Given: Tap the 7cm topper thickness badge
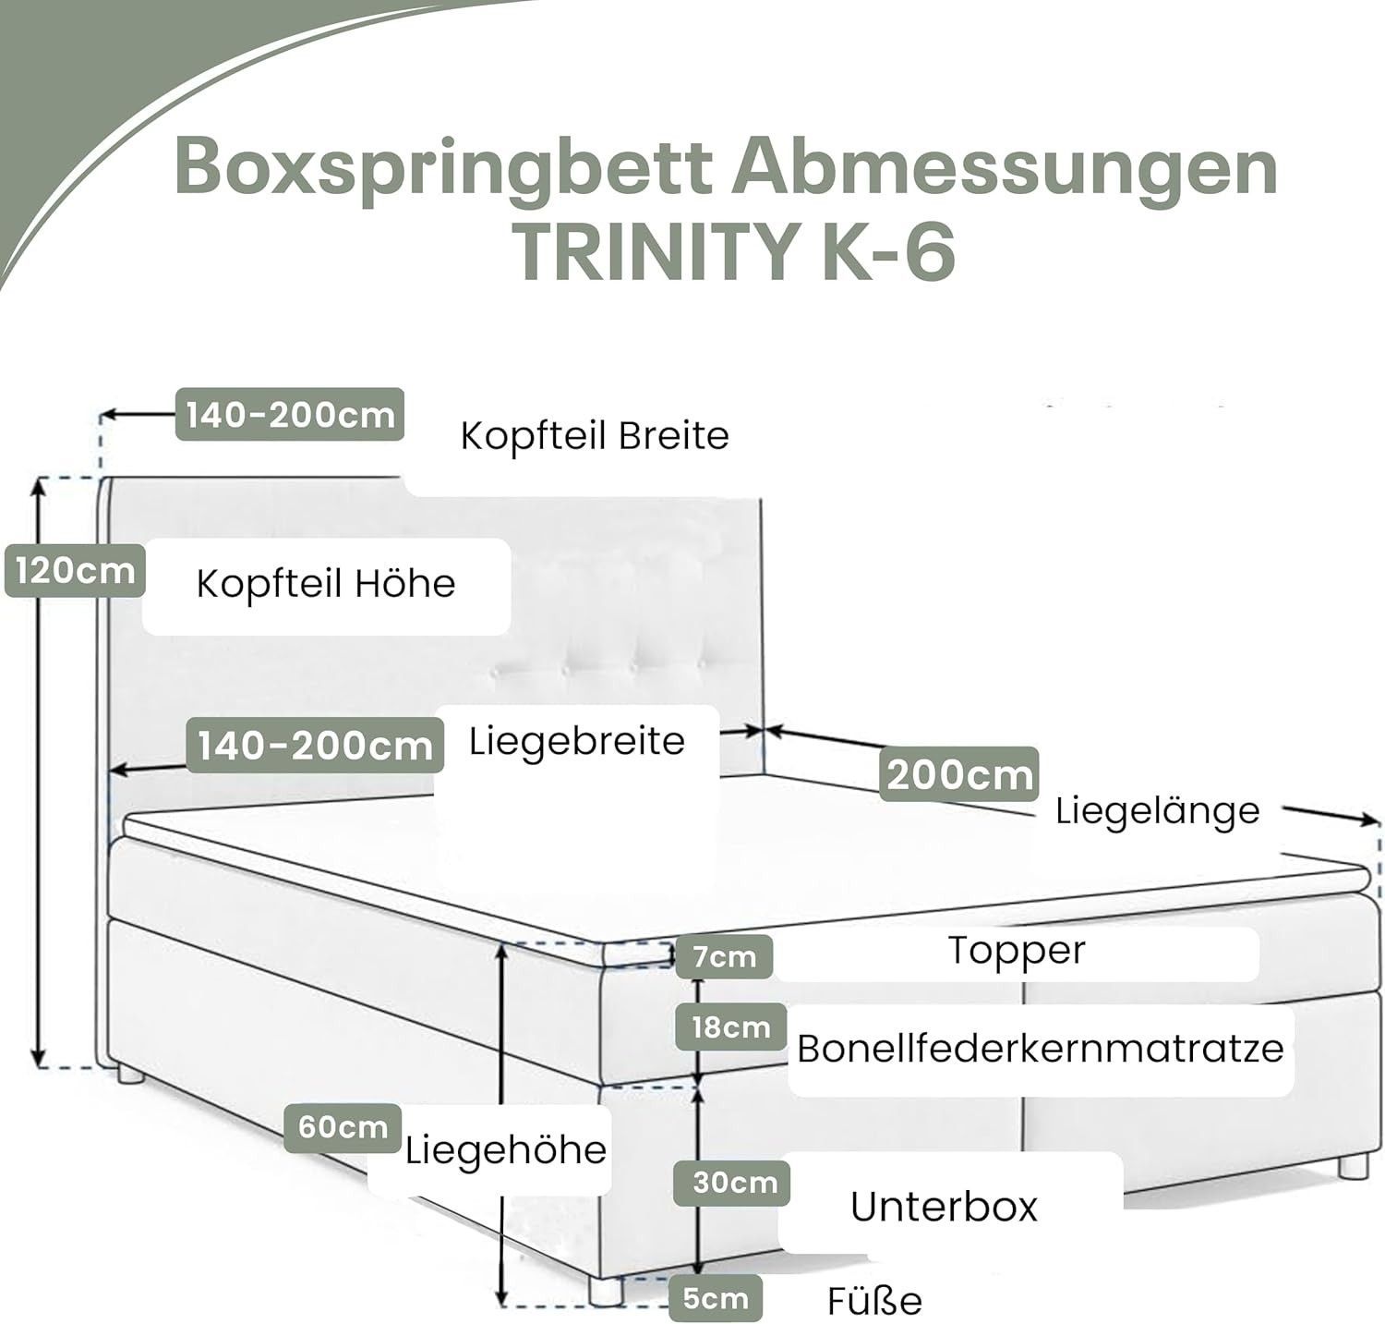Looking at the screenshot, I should tap(724, 957).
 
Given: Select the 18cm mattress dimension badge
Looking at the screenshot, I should tap(730, 1026).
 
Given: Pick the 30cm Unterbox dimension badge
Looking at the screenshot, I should tap(734, 1182).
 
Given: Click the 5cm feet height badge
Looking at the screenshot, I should tap(715, 1299).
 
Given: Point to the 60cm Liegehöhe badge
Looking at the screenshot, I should tap(342, 1127).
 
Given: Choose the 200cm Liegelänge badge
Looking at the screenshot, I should tap(959, 774).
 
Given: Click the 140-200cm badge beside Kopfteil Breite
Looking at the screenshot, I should tap(290, 414).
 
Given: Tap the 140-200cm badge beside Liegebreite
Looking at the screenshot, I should tap(315, 746).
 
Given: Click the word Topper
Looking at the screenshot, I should tap(1017, 951).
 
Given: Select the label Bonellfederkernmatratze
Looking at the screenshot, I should tap(1040, 1049).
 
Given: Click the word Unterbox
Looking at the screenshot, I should tap(944, 1207).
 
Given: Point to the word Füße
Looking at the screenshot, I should tap(873, 1301).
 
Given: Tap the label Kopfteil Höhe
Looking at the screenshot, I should tap(326, 584).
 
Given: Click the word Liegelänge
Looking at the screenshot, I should tap(1157, 811).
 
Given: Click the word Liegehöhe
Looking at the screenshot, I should tap(506, 1150).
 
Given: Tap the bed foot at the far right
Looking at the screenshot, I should tap(1353, 1165).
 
